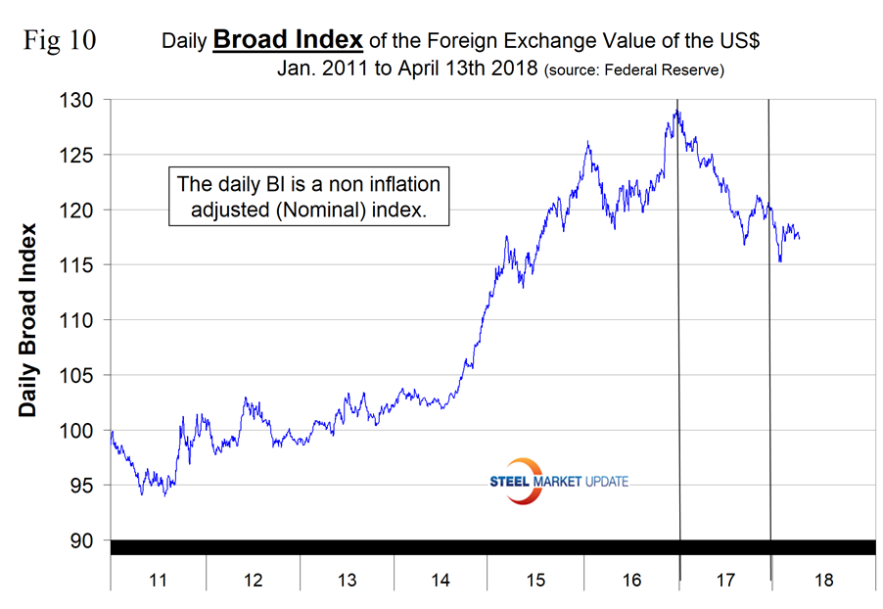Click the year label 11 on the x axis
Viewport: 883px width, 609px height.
coord(158,581)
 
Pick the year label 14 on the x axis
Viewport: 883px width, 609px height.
coord(441,581)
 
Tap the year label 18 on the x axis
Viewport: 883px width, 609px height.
coord(823,581)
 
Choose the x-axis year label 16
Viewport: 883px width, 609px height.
coord(631,581)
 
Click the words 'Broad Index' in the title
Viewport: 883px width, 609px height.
coord(288,41)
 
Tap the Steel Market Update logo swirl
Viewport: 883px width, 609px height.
coord(529,481)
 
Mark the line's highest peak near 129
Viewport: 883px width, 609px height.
coord(675,111)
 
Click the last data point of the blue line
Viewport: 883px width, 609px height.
coord(800,237)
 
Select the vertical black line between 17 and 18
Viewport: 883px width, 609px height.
coord(769,323)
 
